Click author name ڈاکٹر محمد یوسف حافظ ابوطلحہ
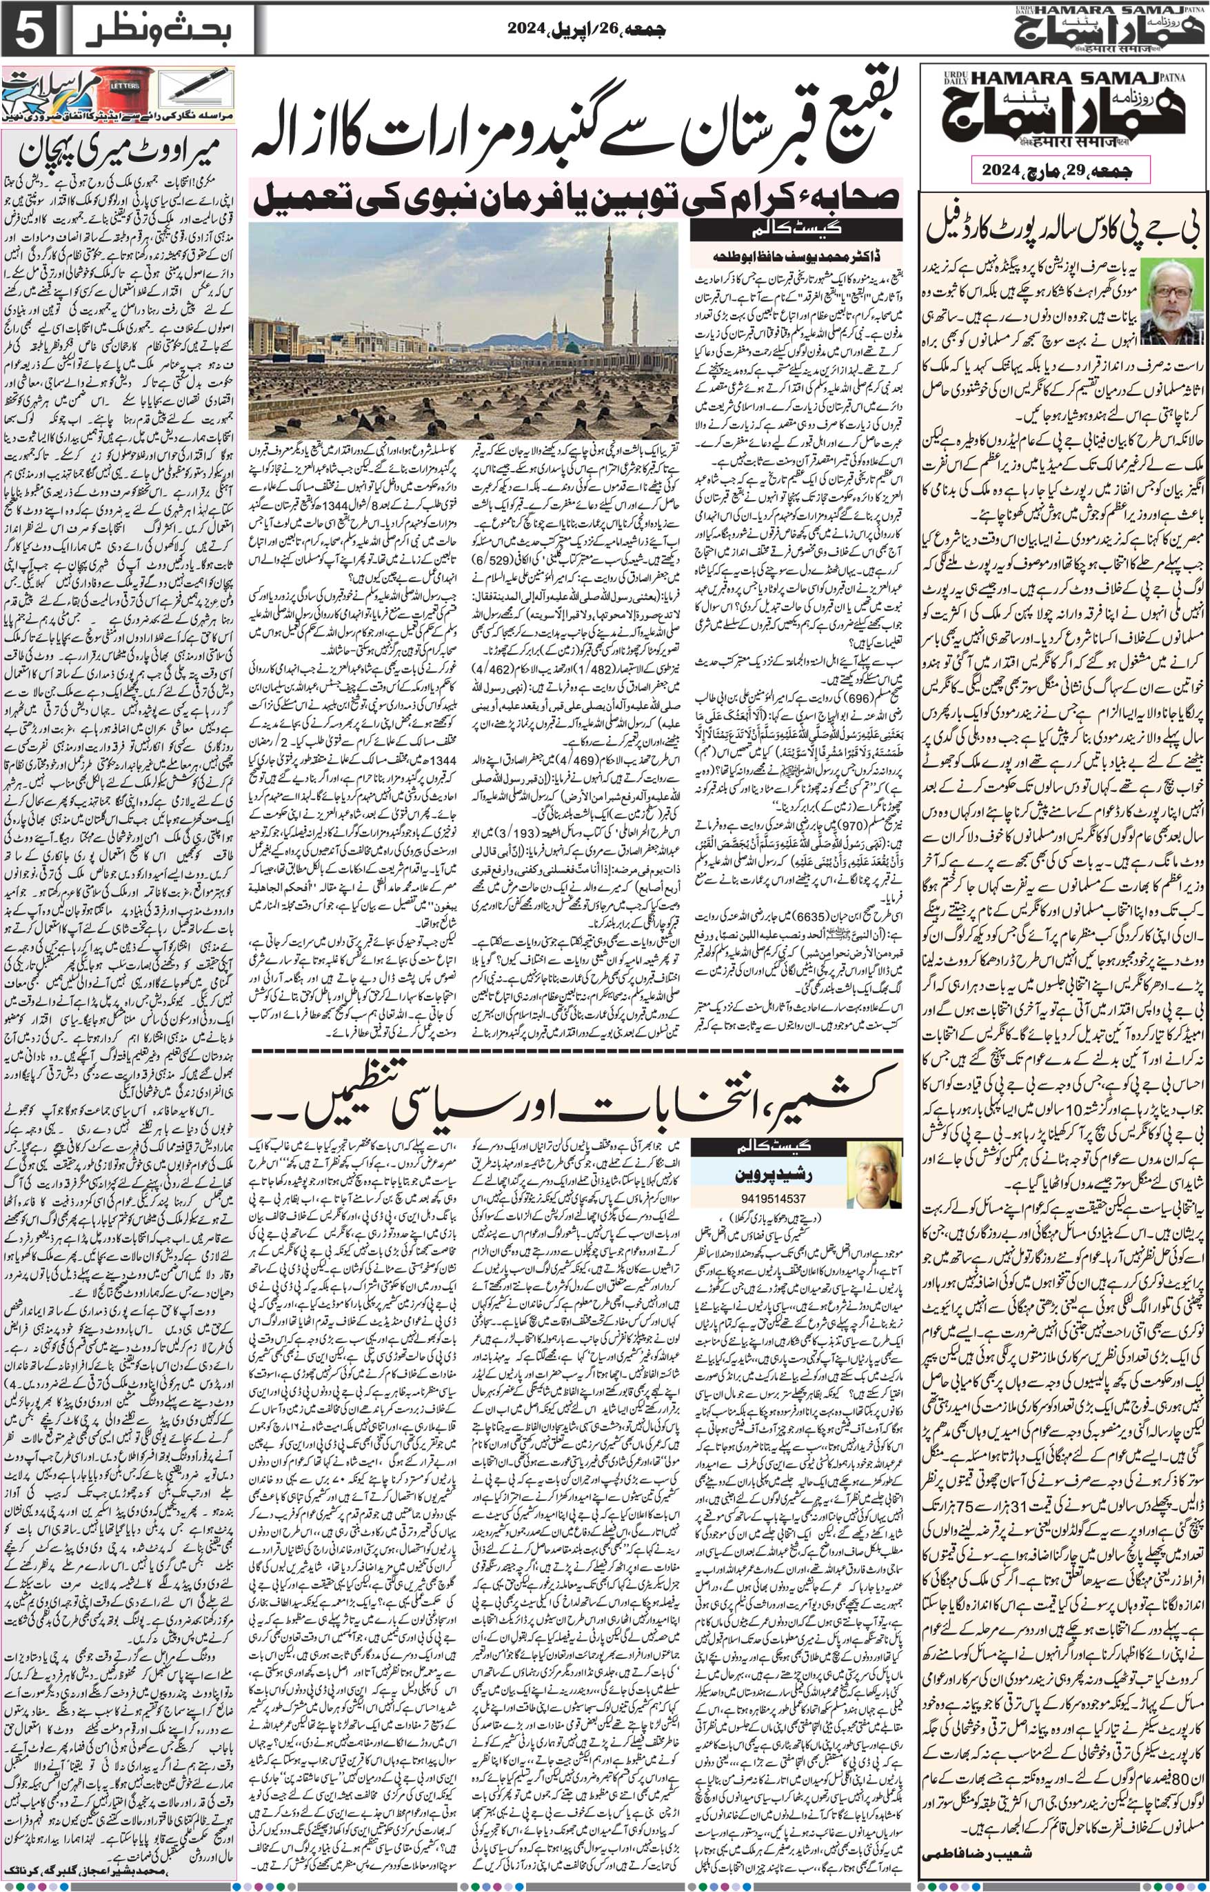pos(796,257)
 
